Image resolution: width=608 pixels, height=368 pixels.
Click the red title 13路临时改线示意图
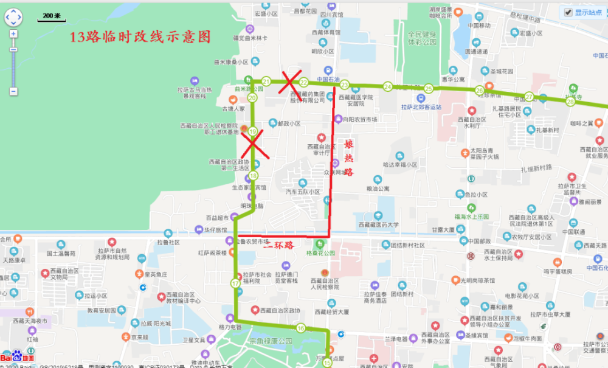click(140, 37)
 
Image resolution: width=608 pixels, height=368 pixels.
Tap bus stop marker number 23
click(344, 85)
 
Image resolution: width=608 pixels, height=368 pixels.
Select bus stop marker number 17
click(235, 283)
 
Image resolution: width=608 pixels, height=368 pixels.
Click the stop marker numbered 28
click(570, 102)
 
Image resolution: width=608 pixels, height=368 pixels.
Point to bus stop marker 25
click(429, 89)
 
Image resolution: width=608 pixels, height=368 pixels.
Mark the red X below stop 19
click(252, 144)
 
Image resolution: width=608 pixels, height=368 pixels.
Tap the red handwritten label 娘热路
click(349, 160)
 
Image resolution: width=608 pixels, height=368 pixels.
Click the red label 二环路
click(278, 246)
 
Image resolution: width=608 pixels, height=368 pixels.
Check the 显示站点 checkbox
click(568, 12)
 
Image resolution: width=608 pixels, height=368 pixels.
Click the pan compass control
click(13, 18)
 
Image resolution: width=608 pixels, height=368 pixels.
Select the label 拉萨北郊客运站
click(421, 107)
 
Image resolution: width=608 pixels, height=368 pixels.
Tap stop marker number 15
click(328, 363)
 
